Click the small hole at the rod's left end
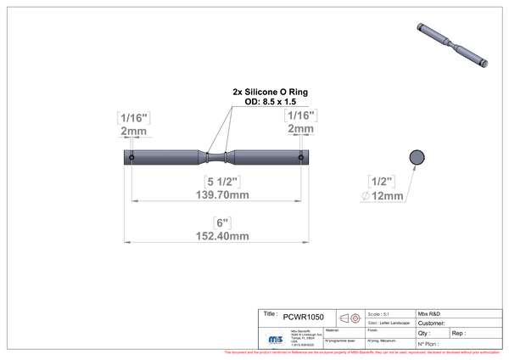tap(131, 157)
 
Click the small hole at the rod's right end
tap(301, 157)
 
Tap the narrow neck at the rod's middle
tap(216, 157)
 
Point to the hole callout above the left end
tap(133, 123)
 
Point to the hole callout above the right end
tap(301, 123)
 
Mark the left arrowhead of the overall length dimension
tap(127, 242)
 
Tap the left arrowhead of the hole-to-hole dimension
tap(133, 201)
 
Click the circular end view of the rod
tap(417, 157)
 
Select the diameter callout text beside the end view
tap(381, 188)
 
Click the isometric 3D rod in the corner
tap(450, 44)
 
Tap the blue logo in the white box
tap(275, 338)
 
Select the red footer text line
tap(361, 351)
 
